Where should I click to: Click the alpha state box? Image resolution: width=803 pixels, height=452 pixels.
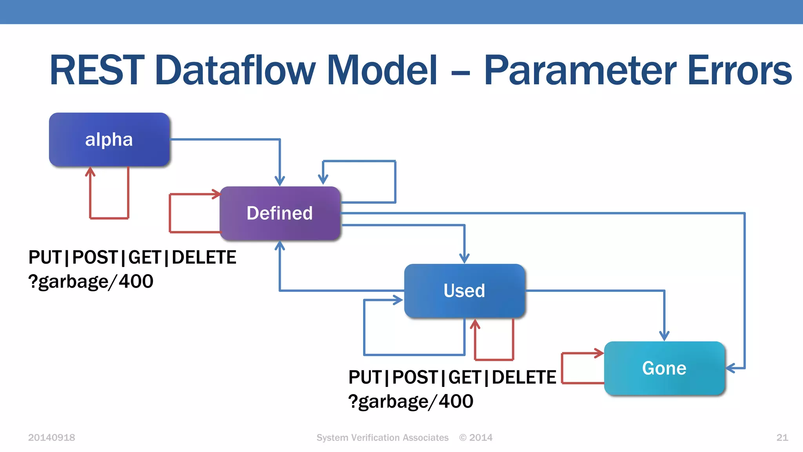[109, 140]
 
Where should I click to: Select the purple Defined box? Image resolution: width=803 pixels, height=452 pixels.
[280, 213]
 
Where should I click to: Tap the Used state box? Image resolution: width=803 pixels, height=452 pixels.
[464, 291]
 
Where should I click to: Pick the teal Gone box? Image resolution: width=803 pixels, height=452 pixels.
[664, 368]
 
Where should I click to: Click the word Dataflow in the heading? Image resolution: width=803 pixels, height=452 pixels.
[235, 71]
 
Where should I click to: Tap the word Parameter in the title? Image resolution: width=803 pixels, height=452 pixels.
[580, 71]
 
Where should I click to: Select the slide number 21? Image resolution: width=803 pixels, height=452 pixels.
[782, 437]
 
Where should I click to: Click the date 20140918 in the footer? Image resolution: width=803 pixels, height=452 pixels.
[51, 437]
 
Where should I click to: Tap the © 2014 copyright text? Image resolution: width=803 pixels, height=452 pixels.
[476, 437]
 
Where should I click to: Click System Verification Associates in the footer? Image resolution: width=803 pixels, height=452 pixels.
[382, 437]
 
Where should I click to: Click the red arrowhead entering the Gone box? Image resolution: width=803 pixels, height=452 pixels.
[599, 353]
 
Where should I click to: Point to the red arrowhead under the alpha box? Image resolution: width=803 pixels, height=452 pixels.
[90, 171]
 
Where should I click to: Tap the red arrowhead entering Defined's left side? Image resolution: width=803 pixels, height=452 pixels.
[216, 194]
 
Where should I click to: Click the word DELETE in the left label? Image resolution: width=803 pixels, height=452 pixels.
[204, 258]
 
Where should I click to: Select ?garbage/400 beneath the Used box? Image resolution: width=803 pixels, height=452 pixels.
[411, 401]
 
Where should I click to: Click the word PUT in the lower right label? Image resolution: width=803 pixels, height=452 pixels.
[365, 377]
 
